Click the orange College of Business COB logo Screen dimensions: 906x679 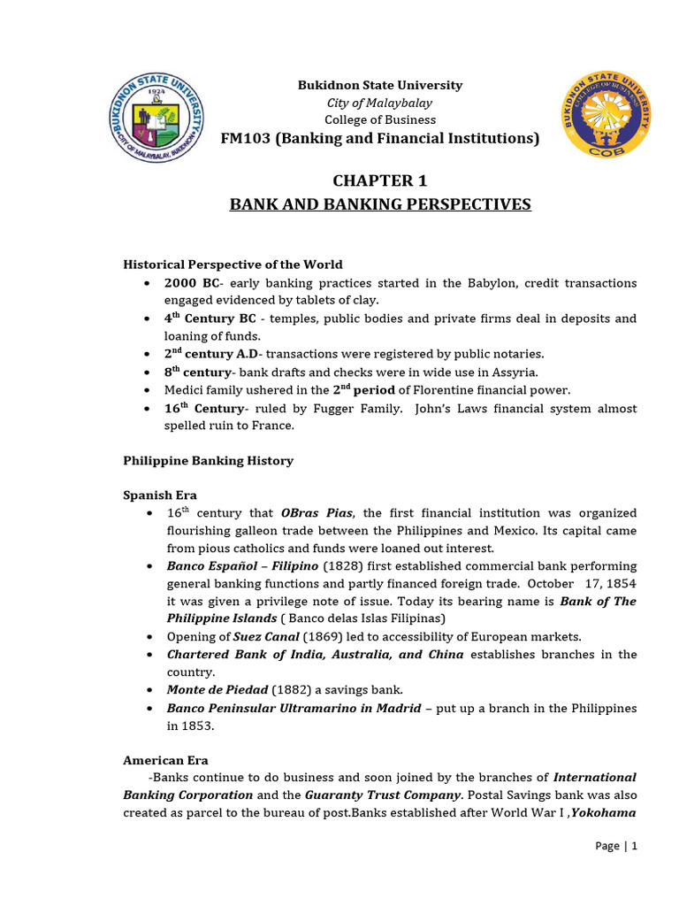click(609, 116)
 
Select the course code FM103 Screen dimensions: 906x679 click(246, 139)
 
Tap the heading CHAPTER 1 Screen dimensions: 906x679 click(379, 181)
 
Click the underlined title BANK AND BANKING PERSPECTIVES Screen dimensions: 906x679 click(380, 205)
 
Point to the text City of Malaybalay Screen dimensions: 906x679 click(379, 103)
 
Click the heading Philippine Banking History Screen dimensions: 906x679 click(208, 461)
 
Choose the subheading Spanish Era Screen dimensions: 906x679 click(159, 495)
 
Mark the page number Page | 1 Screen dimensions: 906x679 click(615, 846)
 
